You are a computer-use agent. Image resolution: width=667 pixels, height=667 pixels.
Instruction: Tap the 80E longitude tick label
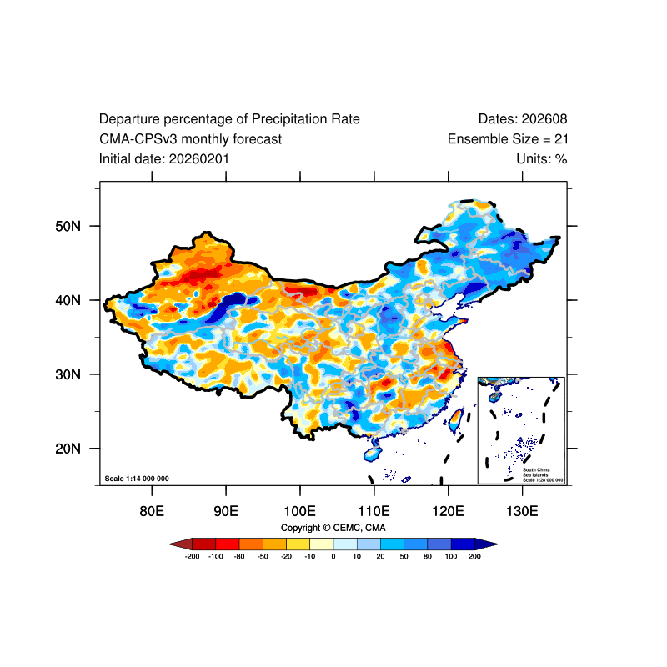pos(152,510)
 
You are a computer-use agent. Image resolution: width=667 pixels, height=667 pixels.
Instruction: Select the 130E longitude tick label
pos(522,510)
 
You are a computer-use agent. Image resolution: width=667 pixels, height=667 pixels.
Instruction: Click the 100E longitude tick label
pos(299,510)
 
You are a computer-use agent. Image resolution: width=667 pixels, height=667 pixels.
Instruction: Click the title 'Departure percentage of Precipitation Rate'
pos(229,119)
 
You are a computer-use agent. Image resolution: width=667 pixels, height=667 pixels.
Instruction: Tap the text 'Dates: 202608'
pos(523,119)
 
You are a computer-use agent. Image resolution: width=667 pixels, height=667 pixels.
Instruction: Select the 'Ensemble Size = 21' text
pos(508,139)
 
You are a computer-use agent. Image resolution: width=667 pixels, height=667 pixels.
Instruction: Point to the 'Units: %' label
pos(542,158)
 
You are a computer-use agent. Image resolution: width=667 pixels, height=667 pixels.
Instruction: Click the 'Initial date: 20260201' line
pos(164,158)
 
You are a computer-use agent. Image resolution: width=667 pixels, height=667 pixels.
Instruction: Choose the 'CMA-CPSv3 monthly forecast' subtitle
pos(190,139)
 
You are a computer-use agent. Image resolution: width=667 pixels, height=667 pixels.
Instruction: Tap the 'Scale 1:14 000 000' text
pos(137,479)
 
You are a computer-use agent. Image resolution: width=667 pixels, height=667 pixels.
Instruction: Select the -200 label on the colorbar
pos(192,556)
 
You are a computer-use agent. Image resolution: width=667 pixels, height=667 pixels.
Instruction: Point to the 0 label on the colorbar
pos(333,556)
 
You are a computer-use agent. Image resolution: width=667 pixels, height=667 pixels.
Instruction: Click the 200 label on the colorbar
pos(475,556)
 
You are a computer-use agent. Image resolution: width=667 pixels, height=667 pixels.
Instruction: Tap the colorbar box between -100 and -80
pos(228,544)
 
